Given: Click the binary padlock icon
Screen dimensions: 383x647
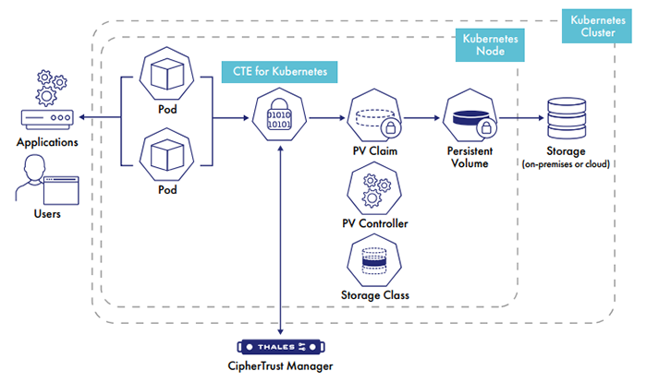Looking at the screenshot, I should click(279, 118).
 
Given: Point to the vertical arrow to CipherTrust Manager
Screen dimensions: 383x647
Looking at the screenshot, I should click(279, 240).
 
